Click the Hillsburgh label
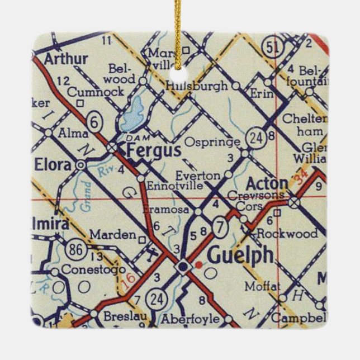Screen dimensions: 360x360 click(197, 86)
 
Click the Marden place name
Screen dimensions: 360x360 click(112, 234)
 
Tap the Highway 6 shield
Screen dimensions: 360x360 click(96, 119)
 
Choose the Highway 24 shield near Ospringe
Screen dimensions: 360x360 click(256, 140)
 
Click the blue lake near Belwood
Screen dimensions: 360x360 click(131, 116)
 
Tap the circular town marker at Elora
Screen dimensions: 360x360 click(81, 165)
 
